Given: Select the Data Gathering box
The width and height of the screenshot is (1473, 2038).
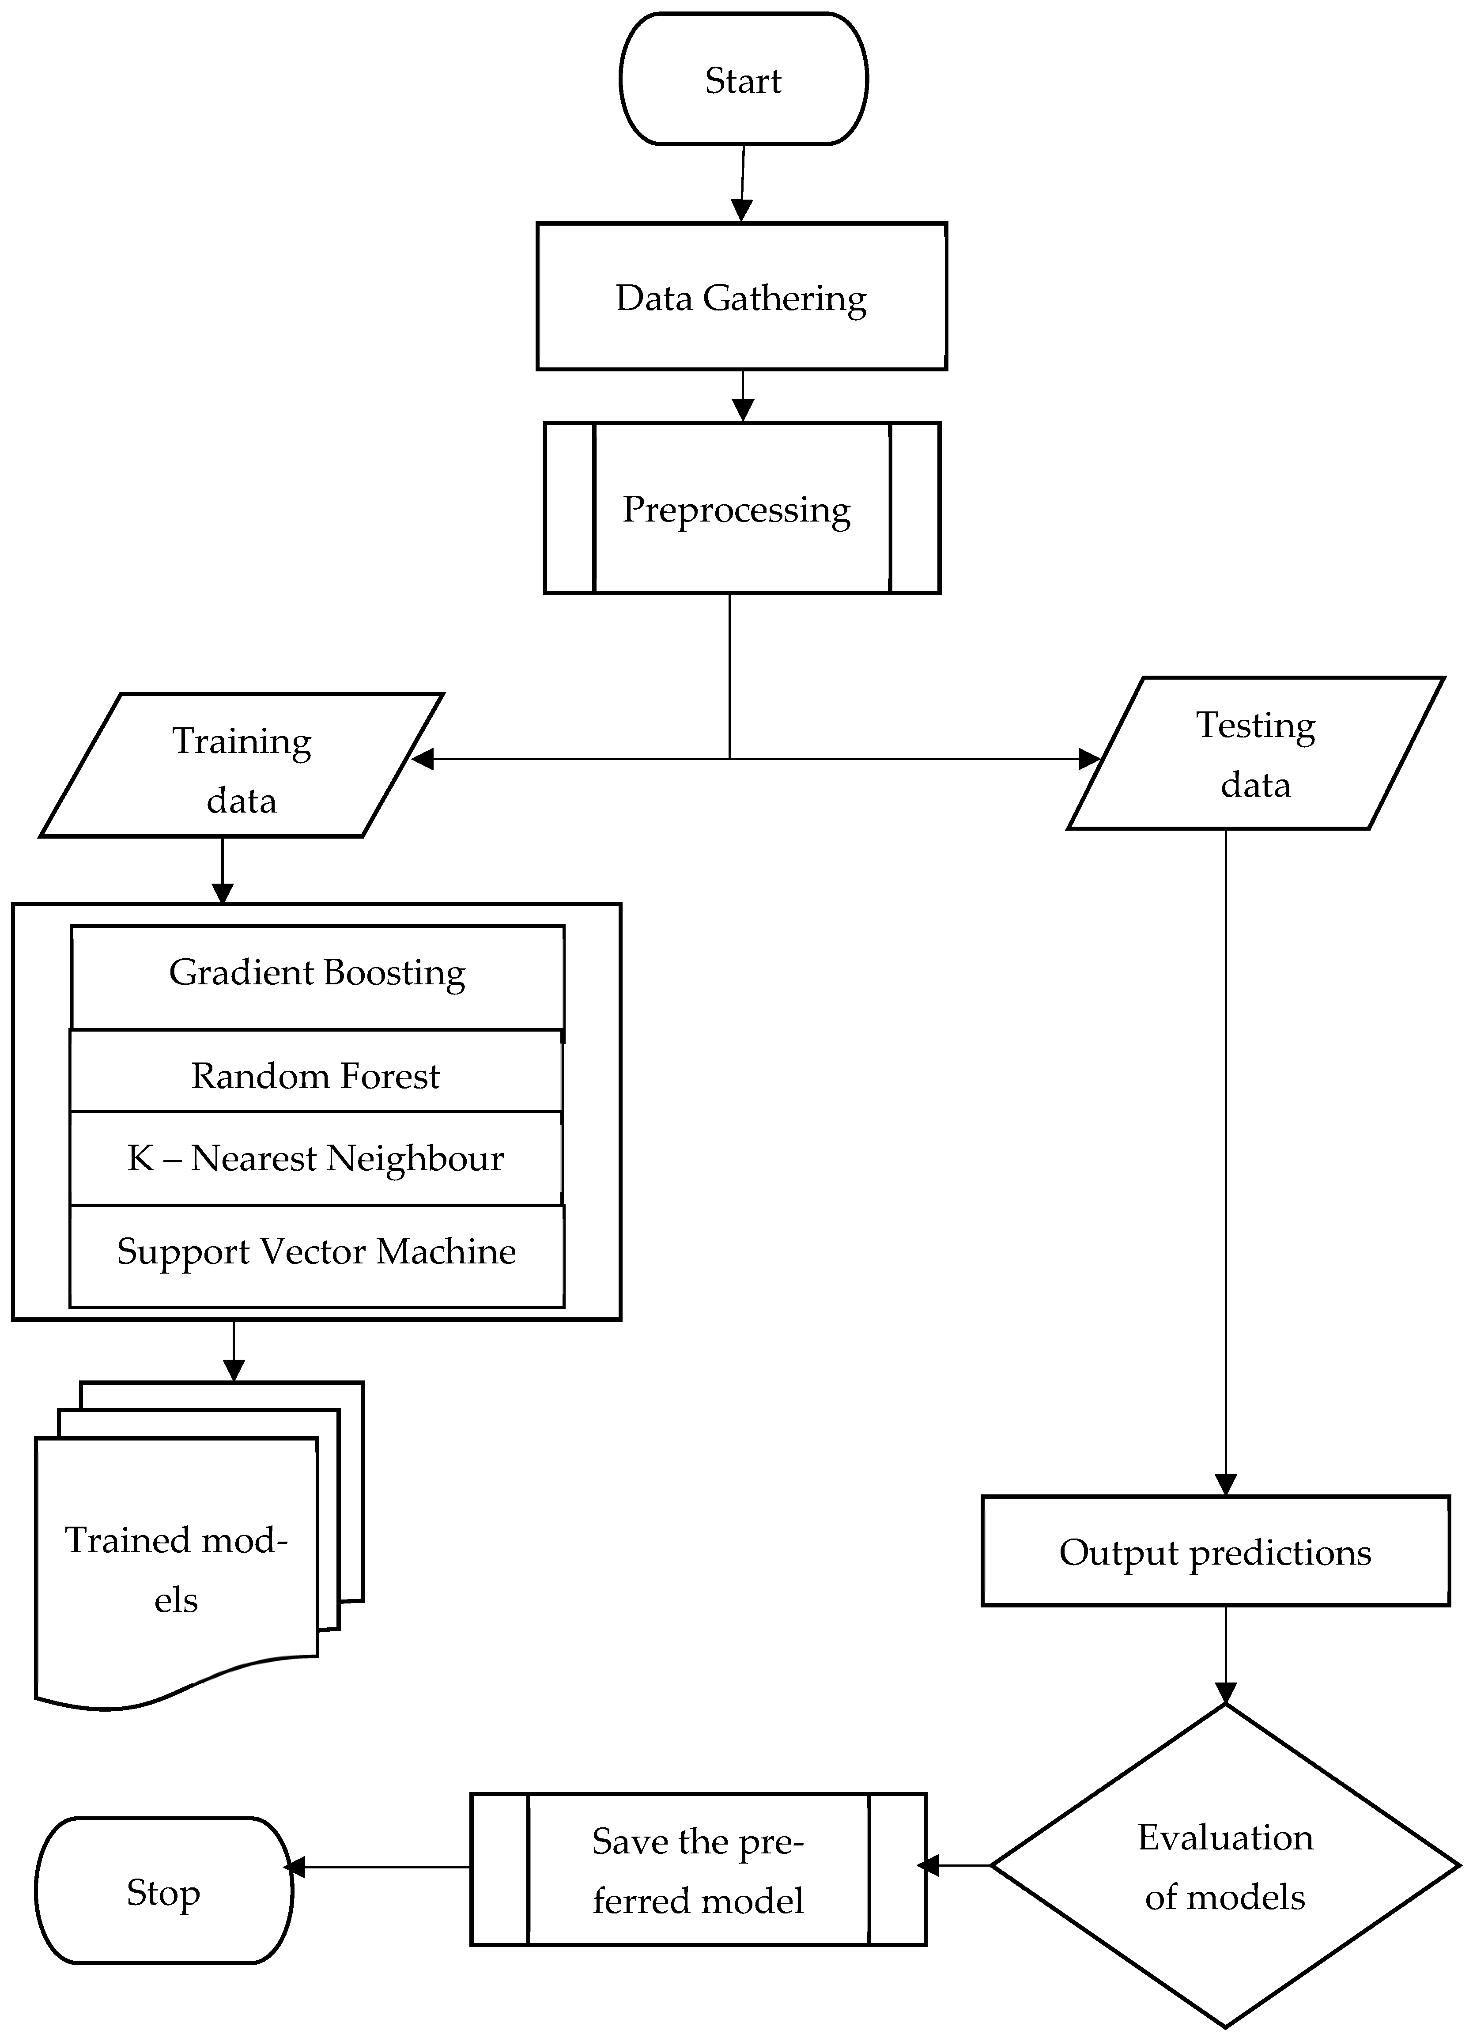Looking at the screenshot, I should pos(741,296).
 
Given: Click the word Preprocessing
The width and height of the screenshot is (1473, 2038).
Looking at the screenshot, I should pos(736,510).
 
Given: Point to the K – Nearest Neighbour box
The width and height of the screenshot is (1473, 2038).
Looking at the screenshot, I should pos(315,1158).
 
